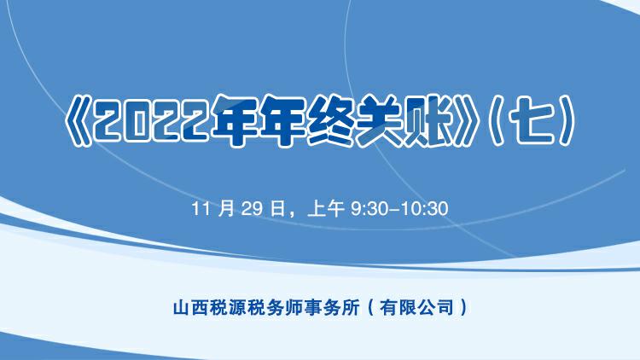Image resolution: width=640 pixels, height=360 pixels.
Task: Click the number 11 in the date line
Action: (x=201, y=209)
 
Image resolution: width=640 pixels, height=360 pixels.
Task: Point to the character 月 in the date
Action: (x=226, y=209)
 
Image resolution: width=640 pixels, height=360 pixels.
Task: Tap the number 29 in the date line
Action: (x=250, y=209)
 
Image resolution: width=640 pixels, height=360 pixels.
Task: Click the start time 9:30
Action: (x=370, y=209)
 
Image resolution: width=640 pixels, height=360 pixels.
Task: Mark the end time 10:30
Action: (x=422, y=209)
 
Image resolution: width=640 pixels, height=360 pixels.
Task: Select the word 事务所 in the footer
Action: (x=334, y=305)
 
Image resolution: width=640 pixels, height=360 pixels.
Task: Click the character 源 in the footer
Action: (x=232, y=305)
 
